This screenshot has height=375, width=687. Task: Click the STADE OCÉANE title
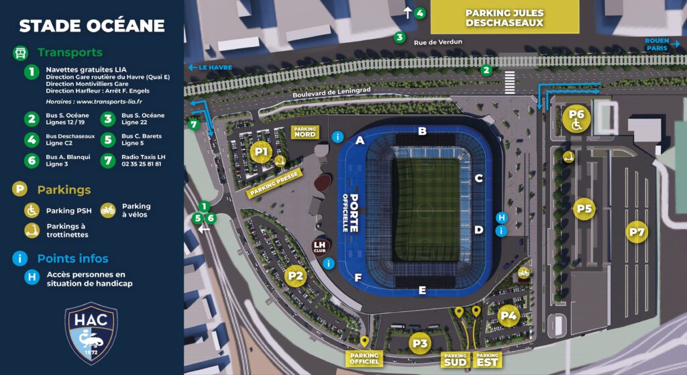coord(91,26)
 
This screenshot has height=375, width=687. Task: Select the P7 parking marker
coord(637,232)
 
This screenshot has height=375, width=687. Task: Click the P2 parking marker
coord(296,274)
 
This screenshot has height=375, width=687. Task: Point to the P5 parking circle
coord(584,209)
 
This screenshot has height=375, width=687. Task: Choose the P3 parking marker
coord(420,343)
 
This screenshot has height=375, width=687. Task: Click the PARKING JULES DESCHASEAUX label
coord(504,18)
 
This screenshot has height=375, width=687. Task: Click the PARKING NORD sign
coord(305,131)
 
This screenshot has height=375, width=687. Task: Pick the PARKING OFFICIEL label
coord(364,359)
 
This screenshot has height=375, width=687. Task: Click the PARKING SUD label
coord(455,360)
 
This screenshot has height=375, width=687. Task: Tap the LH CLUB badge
coord(320,246)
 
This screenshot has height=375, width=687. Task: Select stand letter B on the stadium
coord(422,131)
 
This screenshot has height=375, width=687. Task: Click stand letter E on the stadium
coord(422,290)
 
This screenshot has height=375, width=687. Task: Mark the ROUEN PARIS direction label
coord(656,44)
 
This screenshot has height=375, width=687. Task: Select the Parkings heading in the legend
coord(64,189)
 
